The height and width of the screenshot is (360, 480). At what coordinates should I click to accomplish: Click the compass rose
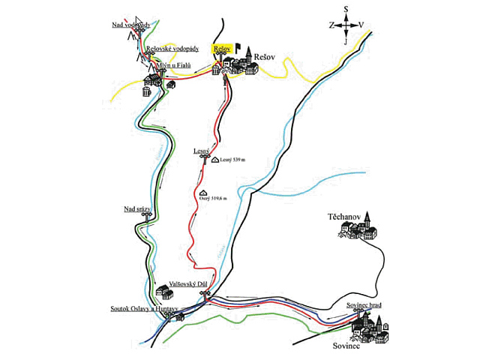pyautogui.click(x=346, y=25)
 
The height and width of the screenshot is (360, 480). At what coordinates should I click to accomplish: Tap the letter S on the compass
pyautogui.click(x=346, y=10)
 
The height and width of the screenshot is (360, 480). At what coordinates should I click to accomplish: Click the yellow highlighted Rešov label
pyautogui.click(x=221, y=47)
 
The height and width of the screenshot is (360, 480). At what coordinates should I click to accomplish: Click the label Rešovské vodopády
pyautogui.click(x=172, y=49)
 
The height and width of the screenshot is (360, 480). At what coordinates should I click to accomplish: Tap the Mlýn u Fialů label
pyautogui.click(x=174, y=65)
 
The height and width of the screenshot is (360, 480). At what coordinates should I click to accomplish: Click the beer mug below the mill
pyautogui.click(x=146, y=91)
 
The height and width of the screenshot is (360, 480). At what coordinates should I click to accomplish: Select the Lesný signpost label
pyautogui.click(x=200, y=151)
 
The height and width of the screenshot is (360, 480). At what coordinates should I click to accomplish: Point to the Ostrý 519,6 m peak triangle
pyautogui.click(x=204, y=193)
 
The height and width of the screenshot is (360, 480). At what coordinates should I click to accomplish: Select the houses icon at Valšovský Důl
pyautogui.click(x=162, y=291)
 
